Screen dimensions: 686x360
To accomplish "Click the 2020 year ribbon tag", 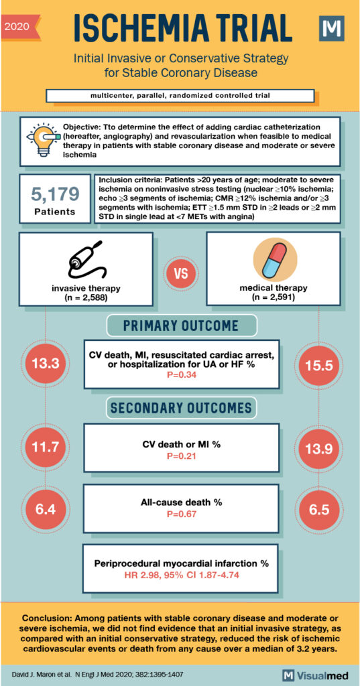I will [x=20, y=27].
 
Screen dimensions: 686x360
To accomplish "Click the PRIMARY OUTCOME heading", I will [x=181, y=326].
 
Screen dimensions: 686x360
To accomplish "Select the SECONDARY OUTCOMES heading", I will [x=181, y=407].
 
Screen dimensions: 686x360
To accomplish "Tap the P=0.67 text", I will [x=180, y=514].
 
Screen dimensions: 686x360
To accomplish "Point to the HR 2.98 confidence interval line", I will [x=180, y=575].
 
